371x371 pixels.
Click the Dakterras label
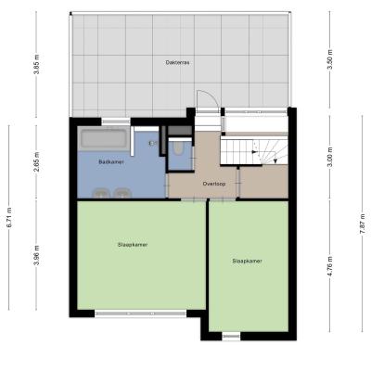click(177, 62)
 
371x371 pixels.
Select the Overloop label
click(214, 184)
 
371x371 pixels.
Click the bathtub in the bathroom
click(104, 139)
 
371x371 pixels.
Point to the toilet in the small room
click(178, 147)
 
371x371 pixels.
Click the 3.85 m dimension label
click(37, 64)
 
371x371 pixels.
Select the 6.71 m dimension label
click(9, 218)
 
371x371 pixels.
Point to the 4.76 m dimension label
click(329, 266)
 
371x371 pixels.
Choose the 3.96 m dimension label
click(37, 255)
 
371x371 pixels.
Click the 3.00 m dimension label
click(329, 158)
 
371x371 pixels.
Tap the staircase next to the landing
click(254, 151)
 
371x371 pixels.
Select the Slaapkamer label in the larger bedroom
click(133, 245)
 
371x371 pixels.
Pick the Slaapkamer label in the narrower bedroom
click(247, 261)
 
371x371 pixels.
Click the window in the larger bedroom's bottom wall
click(141, 313)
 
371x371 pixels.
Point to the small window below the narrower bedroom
click(231, 336)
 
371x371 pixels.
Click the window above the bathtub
click(116, 122)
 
